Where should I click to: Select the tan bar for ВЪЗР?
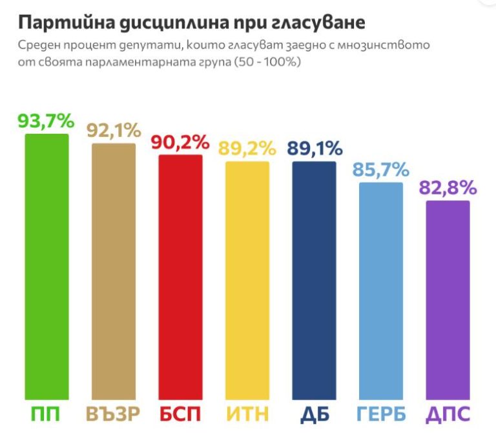(x=114, y=271)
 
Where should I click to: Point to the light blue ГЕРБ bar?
(x=381, y=291)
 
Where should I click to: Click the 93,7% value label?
(x=46, y=121)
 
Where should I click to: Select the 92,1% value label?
(x=113, y=131)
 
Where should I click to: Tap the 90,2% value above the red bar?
(x=180, y=143)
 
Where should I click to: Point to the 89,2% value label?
(x=247, y=149)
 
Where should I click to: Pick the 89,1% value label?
(x=315, y=149)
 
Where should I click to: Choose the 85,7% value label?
(x=381, y=170)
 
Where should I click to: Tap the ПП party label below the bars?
(x=46, y=414)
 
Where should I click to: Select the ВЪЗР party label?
(x=114, y=414)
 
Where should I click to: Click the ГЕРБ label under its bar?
(x=381, y=414)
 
